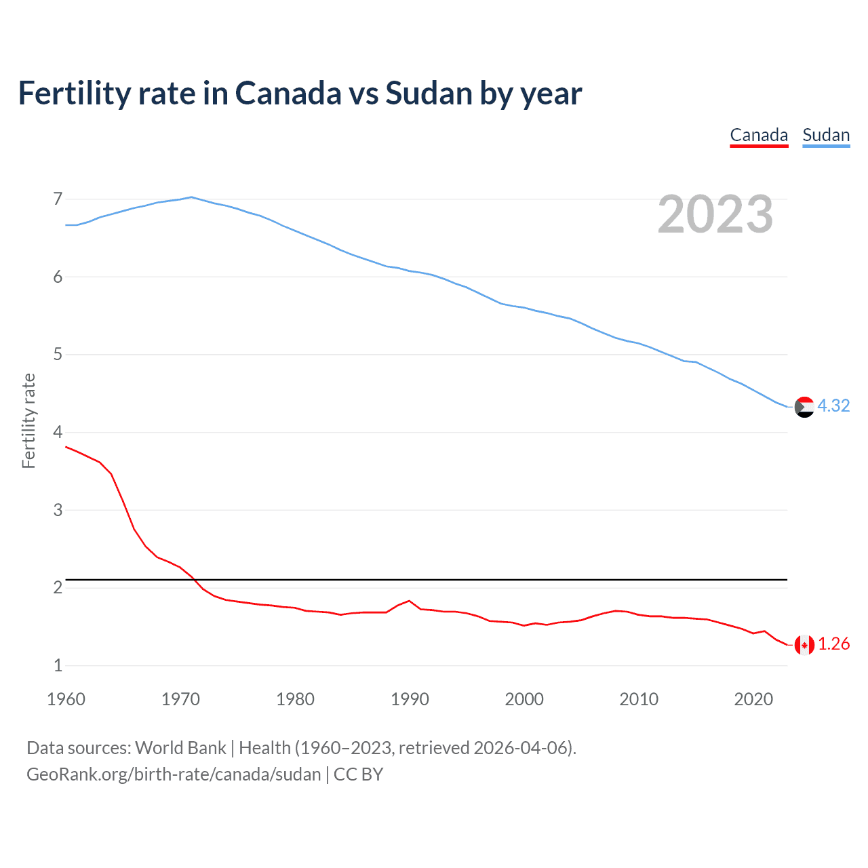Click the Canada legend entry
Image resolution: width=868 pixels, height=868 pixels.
point(759,136)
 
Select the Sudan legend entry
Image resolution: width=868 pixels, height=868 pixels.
point(826,136)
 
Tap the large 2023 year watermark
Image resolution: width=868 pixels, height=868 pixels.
point(715,214)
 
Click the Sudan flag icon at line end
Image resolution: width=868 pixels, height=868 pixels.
point(804,407)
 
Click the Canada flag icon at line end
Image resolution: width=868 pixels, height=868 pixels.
point(804,645)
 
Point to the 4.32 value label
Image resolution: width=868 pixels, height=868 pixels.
point(833,406)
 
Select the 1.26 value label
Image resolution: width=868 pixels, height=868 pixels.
point(833,644)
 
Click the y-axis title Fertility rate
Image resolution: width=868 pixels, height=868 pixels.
point(28,420)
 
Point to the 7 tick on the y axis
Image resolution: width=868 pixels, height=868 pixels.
point(58,199)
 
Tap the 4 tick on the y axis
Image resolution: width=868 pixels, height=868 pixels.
point(58,432)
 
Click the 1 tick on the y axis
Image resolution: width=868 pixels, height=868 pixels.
point(58,665)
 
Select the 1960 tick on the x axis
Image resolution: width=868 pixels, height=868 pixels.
point(66,699)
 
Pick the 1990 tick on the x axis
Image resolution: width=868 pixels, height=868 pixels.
point(410,699)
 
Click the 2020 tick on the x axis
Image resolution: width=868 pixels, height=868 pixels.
point(753,699)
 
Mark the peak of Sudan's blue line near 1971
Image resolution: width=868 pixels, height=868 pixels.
point(191,197)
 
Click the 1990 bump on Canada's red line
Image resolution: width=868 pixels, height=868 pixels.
point(409,601)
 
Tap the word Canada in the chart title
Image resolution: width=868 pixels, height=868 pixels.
point(288,94)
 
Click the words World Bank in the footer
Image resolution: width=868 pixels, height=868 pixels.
point(180,748)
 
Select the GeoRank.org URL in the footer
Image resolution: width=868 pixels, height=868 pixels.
point(174,774)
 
